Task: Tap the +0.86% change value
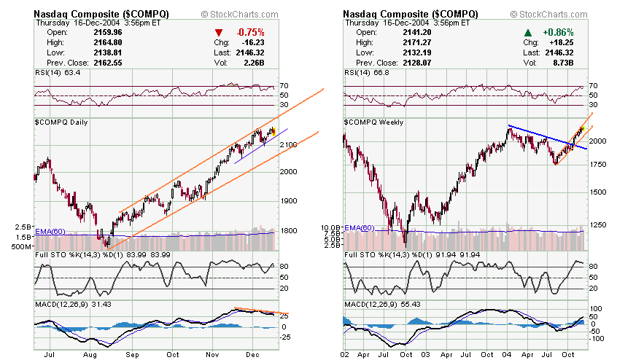click(x=558, y=32)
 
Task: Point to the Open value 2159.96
click(x=106, y=32)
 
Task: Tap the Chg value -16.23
click(x=252, y=42)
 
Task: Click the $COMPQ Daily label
click(x=61, y=122)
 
